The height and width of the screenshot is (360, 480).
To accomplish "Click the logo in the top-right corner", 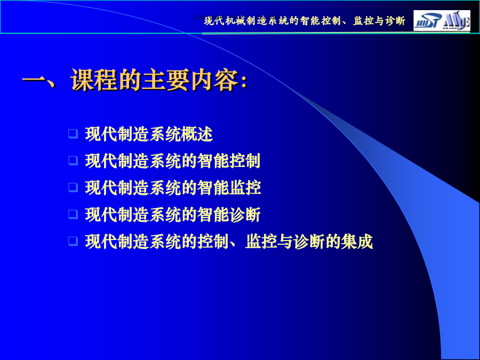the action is (442, 20).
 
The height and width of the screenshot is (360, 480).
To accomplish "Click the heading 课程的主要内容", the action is (155, 80).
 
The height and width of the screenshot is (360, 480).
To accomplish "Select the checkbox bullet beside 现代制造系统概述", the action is (73, 134).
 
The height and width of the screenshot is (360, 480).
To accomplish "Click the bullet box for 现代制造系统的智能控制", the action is (73, 161).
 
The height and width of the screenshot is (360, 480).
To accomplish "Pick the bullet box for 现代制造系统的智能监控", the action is (73, 187).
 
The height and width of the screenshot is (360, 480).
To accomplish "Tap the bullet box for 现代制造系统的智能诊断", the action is (73, 214).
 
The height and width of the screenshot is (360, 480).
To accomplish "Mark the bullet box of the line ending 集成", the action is (73, 241).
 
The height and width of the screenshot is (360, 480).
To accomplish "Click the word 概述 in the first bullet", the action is (197, 134).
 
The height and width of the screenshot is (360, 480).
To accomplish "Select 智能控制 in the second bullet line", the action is (229, 161).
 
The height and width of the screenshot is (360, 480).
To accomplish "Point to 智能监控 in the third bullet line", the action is (229, 187).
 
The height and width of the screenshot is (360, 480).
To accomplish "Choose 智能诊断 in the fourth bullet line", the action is (229, 214).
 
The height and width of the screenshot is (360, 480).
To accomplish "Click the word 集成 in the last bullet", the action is (357, 241).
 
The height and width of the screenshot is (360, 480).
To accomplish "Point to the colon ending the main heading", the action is (244, 82).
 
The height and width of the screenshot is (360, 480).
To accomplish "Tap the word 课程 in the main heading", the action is (94, 80).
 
